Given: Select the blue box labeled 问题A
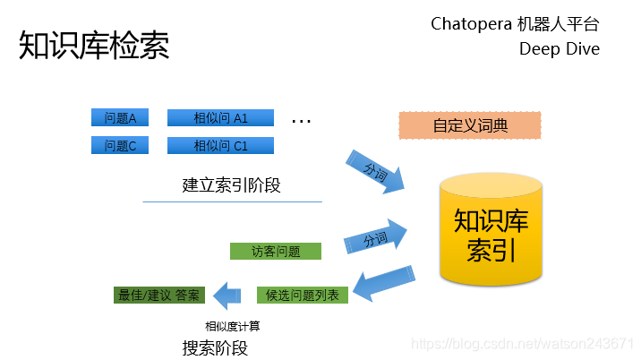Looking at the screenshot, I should (120, 118).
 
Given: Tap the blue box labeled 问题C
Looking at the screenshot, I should (120, 145).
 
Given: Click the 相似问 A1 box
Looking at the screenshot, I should (220, 118).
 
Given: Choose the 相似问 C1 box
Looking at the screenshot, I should (220, 145).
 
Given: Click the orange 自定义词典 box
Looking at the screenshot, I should (470, 125).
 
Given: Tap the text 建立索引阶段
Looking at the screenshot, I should (232, 186).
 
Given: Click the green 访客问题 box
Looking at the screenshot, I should (276, 252).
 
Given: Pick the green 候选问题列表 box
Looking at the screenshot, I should (303, 295).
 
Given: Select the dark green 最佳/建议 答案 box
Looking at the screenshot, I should (160, 295).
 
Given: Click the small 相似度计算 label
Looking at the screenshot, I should (233, 326).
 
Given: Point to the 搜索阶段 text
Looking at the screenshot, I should (214, 347).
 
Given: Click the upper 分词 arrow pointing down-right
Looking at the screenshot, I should (376, 170).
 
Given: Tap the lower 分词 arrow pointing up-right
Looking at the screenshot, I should (376, 238).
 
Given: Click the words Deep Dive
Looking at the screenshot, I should (560, 48).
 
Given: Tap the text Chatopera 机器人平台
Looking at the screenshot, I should (515, 23).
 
